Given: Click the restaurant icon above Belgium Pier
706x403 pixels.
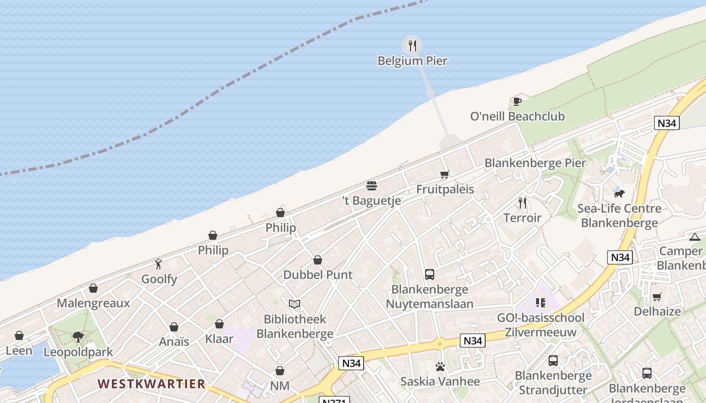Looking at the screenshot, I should click(x=413, y=46).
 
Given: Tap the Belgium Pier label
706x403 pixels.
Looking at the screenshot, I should click(x=413, y=61).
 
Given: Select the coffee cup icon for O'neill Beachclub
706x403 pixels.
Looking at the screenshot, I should click(x=517, y=101).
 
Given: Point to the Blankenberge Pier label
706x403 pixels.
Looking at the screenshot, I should click(x=535, y=163).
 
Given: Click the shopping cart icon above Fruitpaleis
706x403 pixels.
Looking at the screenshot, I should click(x=444, y=174).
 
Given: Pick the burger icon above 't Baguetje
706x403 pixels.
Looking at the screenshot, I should click(x=372, y=186).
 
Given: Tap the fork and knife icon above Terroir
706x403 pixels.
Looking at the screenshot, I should click(x=522, y=203).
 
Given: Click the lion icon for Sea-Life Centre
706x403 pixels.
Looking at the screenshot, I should click(x=619, y=193).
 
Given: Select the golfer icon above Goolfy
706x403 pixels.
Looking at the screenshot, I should click(x=158, y=264).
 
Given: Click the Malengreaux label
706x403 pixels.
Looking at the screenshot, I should click(x=93, y=303).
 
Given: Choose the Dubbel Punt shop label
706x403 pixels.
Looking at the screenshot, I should click(x=318, y=275).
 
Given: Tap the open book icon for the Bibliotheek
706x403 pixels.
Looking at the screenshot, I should click(x=295, y=304).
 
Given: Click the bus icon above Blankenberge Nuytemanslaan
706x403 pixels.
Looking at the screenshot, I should click(x=430, y=275).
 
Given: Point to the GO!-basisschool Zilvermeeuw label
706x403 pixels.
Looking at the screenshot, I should click(x=541, y=325).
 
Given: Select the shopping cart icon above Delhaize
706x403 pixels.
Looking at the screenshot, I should click(x=657, y=297).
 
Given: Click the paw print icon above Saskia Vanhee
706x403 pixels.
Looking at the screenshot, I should click(x=440, y=367).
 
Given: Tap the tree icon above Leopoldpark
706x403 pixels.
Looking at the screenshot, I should click(x=78, y=337).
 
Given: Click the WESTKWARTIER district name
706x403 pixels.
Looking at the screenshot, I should click(x=151, y=384).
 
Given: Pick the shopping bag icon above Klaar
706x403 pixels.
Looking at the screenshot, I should click(x=219, y=324).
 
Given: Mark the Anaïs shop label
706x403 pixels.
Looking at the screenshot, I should click(x=174, y=342).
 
